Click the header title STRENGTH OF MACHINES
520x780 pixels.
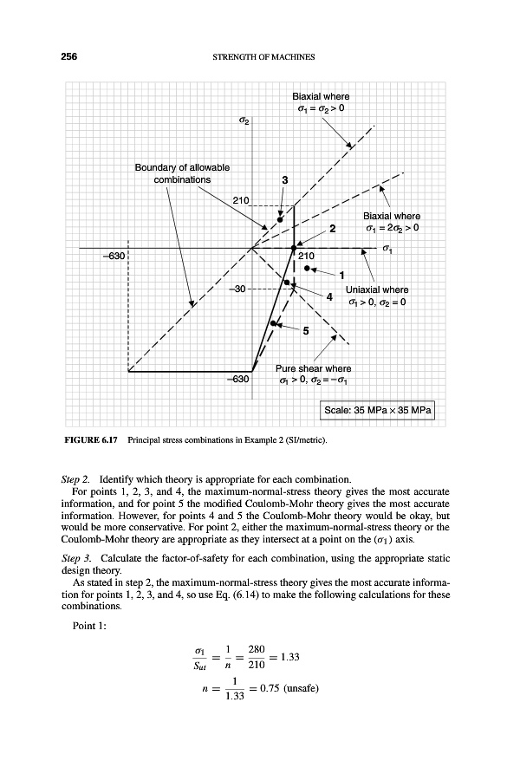(262, 58)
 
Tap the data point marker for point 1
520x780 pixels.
(308, 268)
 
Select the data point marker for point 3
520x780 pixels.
(280, 220)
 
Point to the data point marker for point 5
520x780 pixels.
(273, 323)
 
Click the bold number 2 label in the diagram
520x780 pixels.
(331, 229)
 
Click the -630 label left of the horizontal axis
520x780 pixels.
(114, 257)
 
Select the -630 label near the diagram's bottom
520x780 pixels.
(237, 379)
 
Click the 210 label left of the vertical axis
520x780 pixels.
(242, 201)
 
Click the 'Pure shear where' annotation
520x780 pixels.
(313, 369)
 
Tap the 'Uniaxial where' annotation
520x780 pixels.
(377, 289)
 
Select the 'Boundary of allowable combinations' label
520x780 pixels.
(181, 173)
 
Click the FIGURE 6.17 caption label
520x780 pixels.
(93, 441)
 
